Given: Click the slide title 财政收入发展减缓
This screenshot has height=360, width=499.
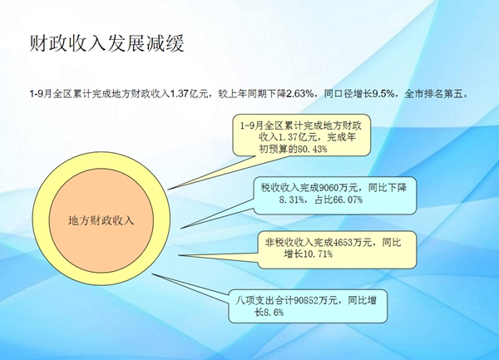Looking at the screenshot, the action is tap(107, 43).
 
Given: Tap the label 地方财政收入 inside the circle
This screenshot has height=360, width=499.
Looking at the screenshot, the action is tap(101, 220).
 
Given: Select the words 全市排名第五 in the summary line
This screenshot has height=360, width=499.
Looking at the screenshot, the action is tap(434, 94).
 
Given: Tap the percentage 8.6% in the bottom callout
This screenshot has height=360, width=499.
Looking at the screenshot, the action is tap(274, 313).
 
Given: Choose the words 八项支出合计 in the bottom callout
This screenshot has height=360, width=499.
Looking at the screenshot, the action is tap(264, 300).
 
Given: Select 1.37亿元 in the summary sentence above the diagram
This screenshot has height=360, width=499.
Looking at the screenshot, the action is tap(189, 94).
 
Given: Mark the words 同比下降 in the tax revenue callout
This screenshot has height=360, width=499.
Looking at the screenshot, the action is tap(388, 188).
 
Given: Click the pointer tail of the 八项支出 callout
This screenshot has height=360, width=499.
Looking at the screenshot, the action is tap(152, 274).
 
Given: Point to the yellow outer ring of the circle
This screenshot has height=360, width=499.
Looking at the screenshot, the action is tap(41, 219).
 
